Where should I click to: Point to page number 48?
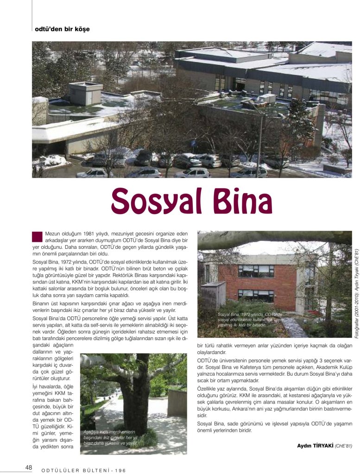tap(28, 467)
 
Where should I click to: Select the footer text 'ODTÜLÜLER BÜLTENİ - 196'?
tap(84, 470)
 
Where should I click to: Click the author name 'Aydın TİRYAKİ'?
tap(315, 446)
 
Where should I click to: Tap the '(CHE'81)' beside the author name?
tap(343, 446)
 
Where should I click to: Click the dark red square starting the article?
tap(37, 236)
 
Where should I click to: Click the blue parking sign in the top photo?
tap(193, 143)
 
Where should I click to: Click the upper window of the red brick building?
tap(256, 271)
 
